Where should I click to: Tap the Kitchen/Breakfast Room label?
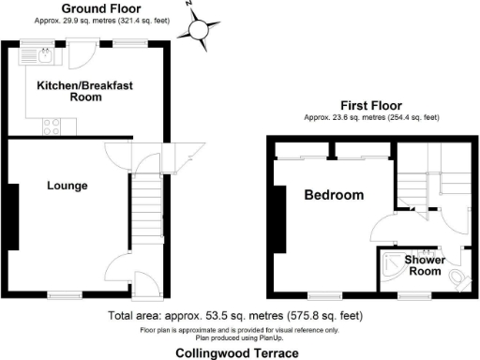point(84,91)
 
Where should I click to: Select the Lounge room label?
point(67,186)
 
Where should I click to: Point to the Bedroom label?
point(333,196)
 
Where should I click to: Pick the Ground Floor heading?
point(95,8)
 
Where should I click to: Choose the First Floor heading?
point(372,106)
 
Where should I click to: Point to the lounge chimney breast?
point(14,216)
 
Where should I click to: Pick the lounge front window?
point(63,294)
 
